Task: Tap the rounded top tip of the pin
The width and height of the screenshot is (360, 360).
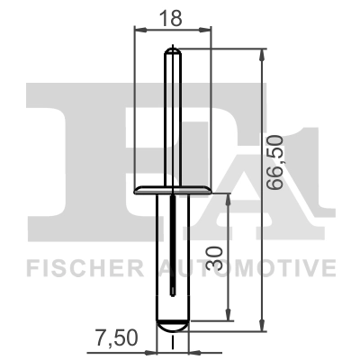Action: coord(172,52)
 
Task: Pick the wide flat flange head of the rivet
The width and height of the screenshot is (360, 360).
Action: coord(172,190)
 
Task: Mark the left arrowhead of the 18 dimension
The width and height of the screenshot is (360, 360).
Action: coord(139,30)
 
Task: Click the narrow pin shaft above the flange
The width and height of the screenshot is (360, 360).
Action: coord(172,117)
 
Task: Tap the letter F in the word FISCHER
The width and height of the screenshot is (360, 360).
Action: coord(32,268)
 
